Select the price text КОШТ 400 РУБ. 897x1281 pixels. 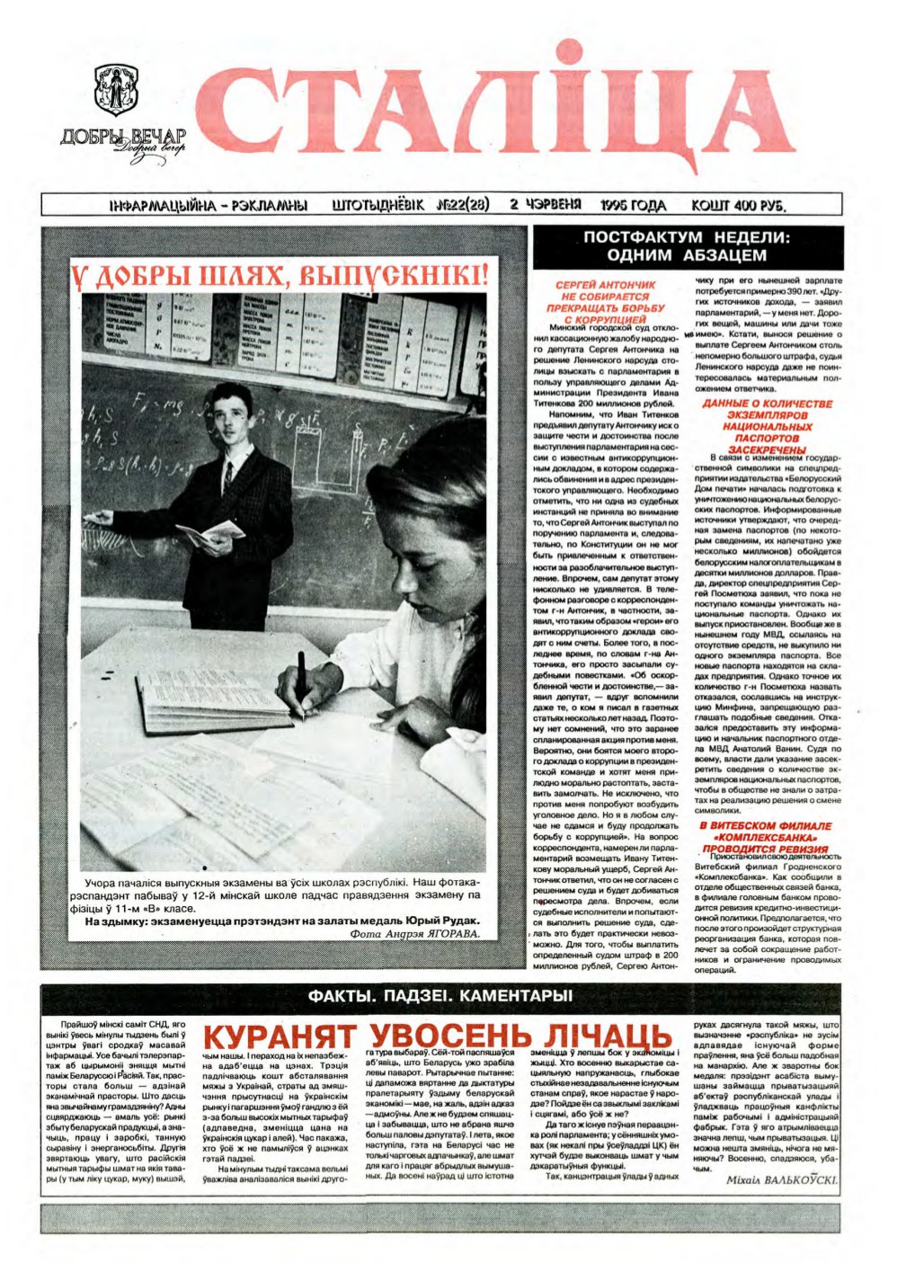740,205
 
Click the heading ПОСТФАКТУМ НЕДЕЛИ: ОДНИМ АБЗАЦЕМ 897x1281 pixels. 687,246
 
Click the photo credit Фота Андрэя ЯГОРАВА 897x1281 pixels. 413,934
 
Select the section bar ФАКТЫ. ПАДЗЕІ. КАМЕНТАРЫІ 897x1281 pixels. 440,996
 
